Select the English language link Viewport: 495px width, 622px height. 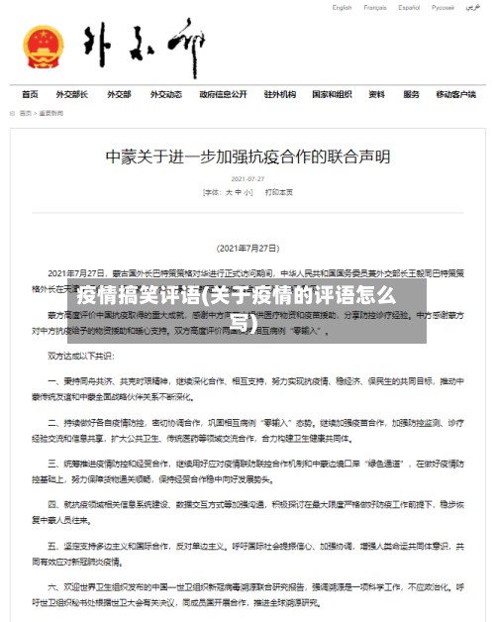pyautogui.click(x=342, y=8)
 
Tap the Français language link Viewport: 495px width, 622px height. pyautogui.click(x=375, y=8)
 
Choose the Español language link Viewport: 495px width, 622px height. pyautogui.click(x=410, y=8)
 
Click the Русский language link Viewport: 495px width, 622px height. pyautogui.click(x=444, y=8)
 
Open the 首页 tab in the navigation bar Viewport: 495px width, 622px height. pyautogui.click(x=30, y=95)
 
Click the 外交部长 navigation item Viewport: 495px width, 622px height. pyautogui.click(x=71, y=95)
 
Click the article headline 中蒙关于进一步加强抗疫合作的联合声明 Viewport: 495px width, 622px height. pyautogui.click(x=247, y=156)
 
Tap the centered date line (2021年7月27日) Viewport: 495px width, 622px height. pyautogui.click(x=247, y=248)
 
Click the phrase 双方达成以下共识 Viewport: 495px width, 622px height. pyautogui.click(x=83, y=354)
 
